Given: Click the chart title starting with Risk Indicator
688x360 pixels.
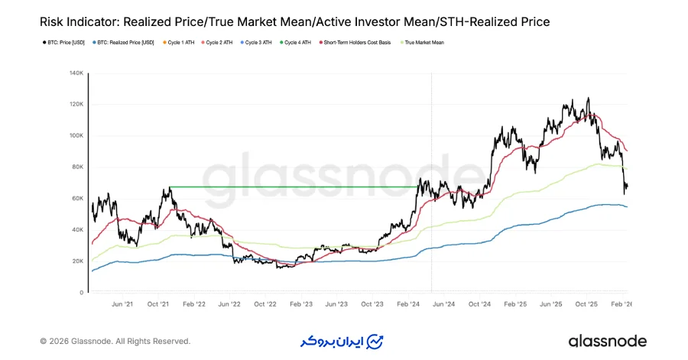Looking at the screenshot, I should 294,22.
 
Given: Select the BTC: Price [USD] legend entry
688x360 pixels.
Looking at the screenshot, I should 64,43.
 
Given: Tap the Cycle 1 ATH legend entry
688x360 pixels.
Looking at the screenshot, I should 179,43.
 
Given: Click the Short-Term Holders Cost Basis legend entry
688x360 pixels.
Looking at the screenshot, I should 357,43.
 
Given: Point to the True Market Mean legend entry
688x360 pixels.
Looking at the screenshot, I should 423,43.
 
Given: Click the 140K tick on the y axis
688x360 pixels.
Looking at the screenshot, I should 76,73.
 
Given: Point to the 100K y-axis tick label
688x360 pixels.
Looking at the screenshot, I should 76,136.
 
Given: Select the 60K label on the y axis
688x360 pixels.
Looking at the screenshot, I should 77,199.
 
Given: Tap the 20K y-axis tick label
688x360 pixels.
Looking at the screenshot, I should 77,261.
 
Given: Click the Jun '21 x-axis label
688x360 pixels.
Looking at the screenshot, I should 122,303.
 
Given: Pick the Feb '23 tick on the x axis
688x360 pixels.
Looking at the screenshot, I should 301,303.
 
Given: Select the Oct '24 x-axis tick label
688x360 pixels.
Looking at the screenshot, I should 480,303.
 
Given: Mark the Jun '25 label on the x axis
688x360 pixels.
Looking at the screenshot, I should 551,303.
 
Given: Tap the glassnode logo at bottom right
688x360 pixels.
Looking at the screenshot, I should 607,341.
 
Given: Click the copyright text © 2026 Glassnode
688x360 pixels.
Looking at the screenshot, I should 115,341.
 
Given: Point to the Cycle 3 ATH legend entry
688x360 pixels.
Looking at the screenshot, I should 258,43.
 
